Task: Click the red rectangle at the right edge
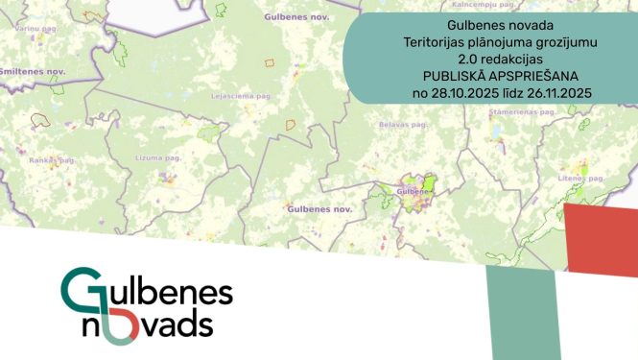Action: coord(601,239)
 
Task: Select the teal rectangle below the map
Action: coord(523,312)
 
